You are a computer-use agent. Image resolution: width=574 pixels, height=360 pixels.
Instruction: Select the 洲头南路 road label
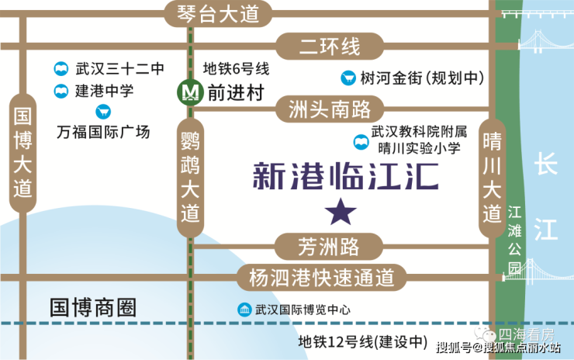tap(330, 108)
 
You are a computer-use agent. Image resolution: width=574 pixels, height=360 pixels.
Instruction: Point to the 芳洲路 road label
tap(329, 247)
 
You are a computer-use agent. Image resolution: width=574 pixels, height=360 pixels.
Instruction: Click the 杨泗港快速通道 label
tap(322, 277)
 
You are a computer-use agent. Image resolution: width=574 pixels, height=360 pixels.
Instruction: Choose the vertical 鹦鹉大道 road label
tap(189, 177)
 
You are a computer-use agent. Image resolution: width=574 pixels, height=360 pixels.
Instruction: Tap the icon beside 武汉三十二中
tap(61, 69)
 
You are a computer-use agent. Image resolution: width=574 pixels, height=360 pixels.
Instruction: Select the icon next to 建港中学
tap(61, 91)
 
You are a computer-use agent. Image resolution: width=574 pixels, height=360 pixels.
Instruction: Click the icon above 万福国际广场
tap(102, 112)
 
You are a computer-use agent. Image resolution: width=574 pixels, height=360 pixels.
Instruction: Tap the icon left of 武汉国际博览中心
tap(245, 309)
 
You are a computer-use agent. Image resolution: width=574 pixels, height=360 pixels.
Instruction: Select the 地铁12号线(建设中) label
tap(364, 341)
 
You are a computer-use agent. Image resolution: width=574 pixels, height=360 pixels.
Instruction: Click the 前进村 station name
tap(236, 92)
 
